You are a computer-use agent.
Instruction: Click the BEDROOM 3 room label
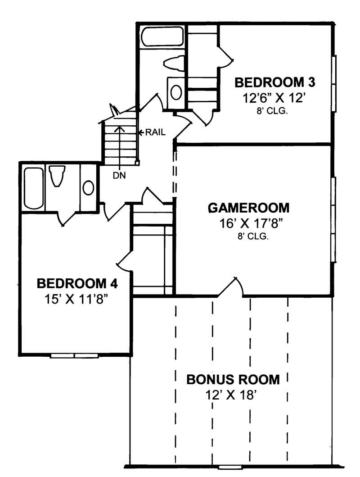275,82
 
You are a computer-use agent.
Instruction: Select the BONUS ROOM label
233,379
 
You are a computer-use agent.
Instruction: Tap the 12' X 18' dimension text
233,395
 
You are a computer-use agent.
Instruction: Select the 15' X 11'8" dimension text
77,299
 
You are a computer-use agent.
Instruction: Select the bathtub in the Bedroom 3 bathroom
162,36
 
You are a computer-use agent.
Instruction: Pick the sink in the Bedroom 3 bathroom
176,92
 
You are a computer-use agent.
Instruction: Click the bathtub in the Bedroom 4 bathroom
33,188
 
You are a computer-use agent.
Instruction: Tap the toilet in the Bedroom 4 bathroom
57,176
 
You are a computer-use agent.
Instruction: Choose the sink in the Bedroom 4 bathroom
89,188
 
